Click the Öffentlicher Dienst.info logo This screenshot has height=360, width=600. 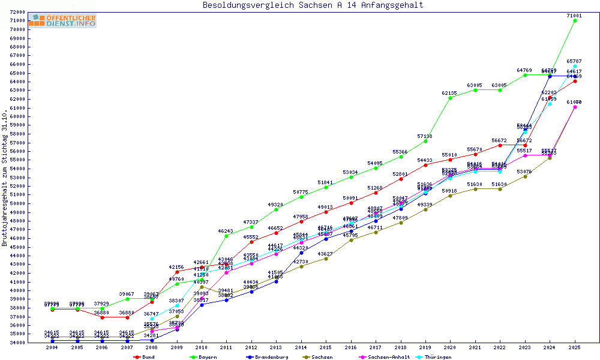pyautogui.click(x=62, y=20)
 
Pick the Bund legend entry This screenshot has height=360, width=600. pyautogui.click(x=144, y=357)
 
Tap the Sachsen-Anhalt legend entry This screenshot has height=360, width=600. pyautogui.click(x=385, y=357)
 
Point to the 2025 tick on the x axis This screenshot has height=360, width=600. pyautogui.click(x=575, y=347)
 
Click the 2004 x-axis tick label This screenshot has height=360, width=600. pyautogui.click(x=53, y=347)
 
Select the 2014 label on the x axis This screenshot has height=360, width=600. pyautogui.click(x=301, y=347)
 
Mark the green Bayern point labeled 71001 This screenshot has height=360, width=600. pyautogui.click(x=575, y=20)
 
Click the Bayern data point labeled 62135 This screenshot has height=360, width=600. pyautogui.click(x=451, y=98)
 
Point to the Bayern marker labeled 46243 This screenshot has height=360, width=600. pyautogui.click(x=227, y=236)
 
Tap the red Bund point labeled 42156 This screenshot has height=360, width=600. pyautogui.click(x=177, y=272)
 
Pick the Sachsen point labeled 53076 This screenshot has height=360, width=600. pyautogui.click(x=525, y=176)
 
